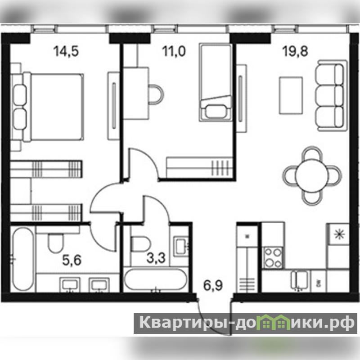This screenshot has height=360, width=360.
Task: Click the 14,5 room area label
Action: coord(66,51)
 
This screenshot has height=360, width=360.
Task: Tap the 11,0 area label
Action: coord(174,51)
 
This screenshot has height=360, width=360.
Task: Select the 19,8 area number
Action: coord(295,51)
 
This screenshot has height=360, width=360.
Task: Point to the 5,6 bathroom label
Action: coord(72,261)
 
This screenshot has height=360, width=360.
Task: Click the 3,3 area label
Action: coord(156,258)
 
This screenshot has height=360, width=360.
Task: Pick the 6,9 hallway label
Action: coord(213,285)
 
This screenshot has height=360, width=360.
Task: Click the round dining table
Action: coord(312,175)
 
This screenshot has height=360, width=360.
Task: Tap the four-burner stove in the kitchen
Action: coord(273,258)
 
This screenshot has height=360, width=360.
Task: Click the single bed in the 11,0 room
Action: coord(216,82)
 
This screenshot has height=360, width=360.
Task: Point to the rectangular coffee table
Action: coord(291,95)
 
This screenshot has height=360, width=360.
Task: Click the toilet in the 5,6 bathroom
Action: coord(55,242)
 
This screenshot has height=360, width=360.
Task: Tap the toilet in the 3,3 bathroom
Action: coord(140,244)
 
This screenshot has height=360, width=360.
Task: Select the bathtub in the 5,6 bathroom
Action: coord(23,259)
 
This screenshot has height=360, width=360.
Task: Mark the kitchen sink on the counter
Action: coord(299,279)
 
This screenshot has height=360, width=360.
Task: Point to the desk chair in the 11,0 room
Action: coord(156,94)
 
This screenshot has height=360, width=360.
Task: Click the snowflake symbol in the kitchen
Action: coord(339,234)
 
